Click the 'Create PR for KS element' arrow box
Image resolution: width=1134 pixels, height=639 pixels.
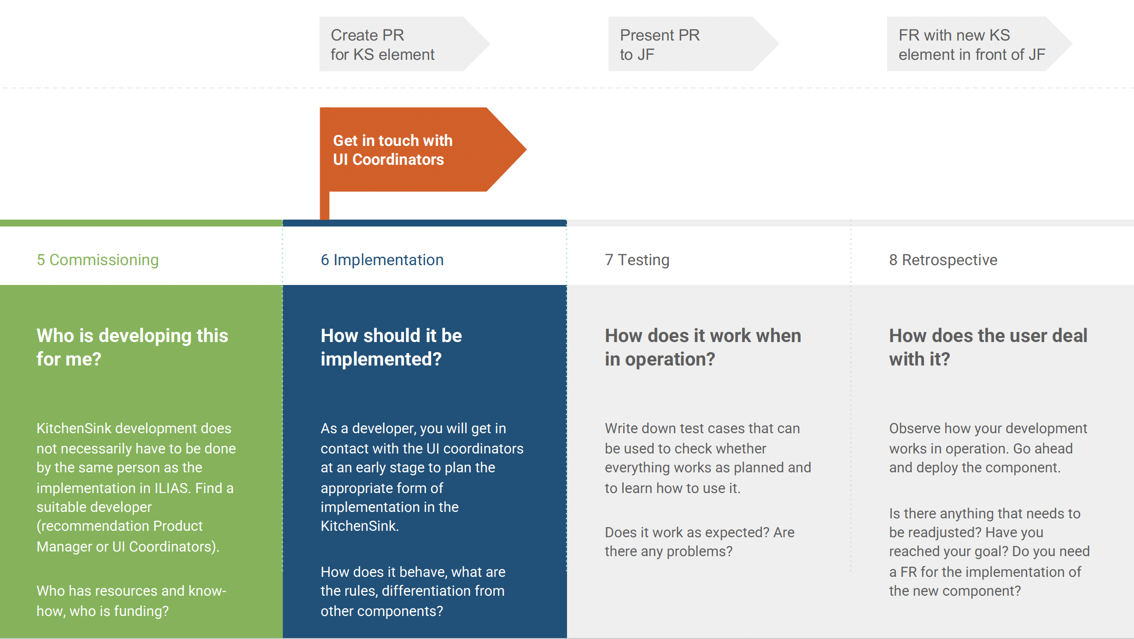point(396,44)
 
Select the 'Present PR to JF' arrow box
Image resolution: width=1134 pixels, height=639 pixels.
point(686,44)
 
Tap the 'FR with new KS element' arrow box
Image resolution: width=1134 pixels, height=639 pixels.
point(972,44)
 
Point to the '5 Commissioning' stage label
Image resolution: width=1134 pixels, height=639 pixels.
point(98,260)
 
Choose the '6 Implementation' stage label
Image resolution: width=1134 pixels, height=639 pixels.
point(382,260)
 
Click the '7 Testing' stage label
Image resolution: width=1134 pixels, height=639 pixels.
point(637,260)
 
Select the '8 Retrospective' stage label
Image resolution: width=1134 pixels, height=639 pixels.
point(943,260)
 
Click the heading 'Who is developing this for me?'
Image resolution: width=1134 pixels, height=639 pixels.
point(132,347)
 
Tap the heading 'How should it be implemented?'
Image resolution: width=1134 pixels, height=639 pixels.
point(391,347)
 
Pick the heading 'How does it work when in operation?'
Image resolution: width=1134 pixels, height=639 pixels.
point(703,347)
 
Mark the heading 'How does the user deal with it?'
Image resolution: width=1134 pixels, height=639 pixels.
point(988,347)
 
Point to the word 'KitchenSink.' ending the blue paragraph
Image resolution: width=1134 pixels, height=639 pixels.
point(360,526)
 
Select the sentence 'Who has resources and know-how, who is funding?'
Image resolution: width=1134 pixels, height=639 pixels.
point(131,601)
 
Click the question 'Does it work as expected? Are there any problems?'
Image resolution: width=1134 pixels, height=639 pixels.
point(699,542)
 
